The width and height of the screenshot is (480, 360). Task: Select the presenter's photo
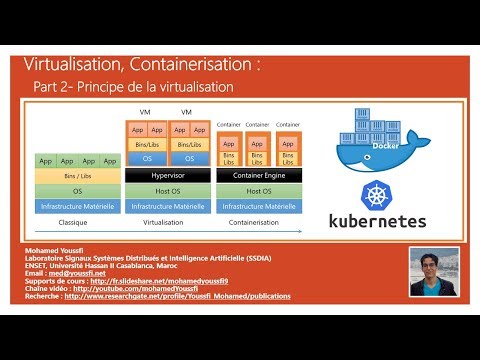click(434, 271)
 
